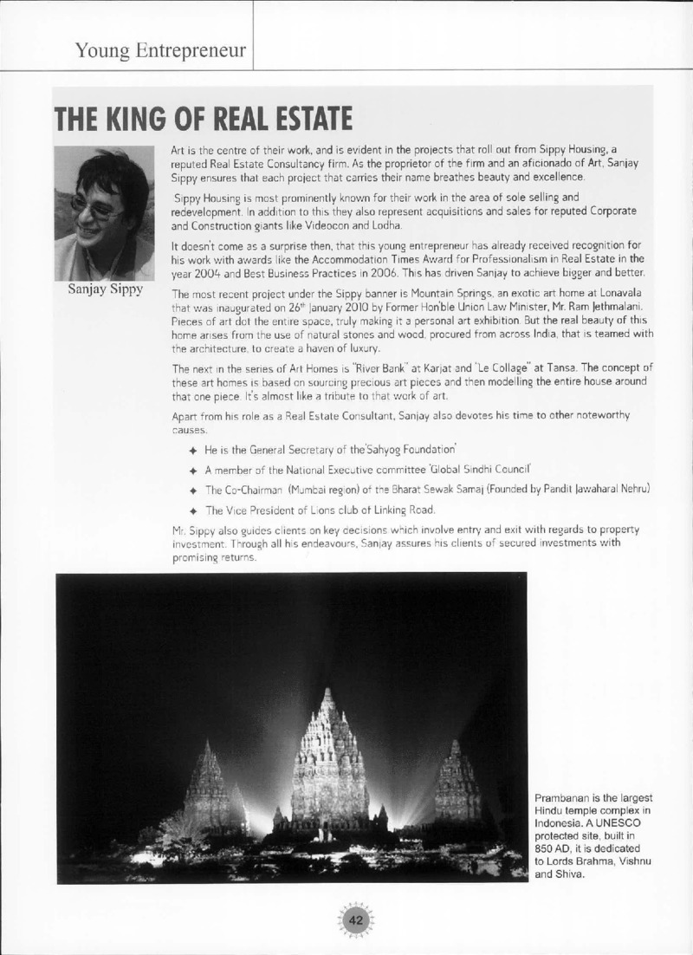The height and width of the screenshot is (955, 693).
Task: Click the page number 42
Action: point(355,919)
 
